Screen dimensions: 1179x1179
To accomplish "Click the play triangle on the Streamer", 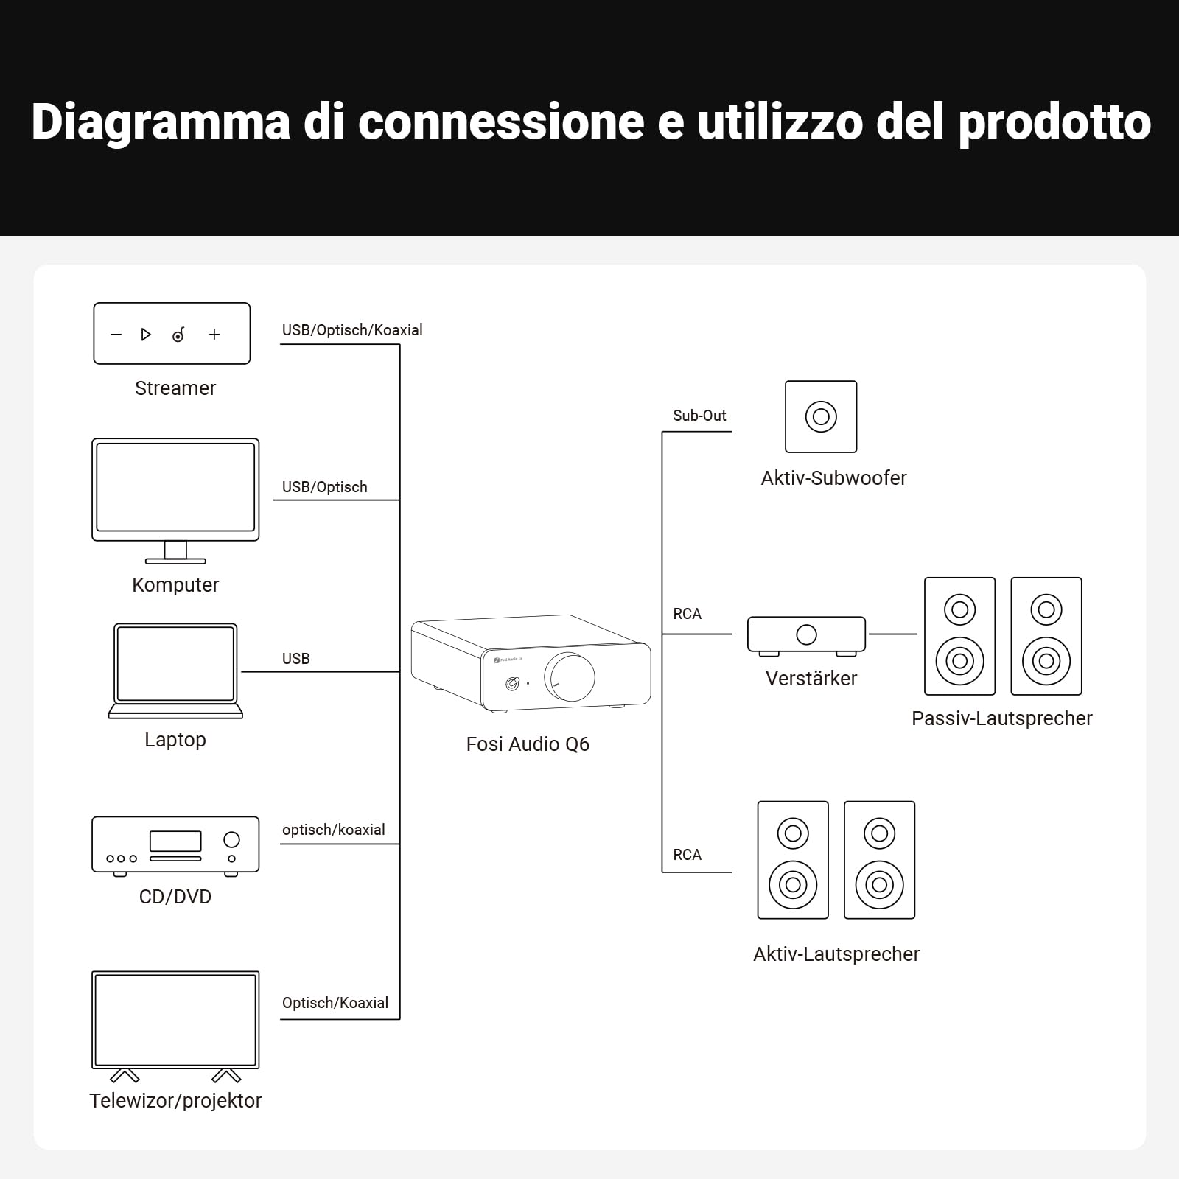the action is pyautogui.click(x=146, y=335).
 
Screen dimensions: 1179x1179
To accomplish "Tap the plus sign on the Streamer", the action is pyautogui.click(x=214, y=335).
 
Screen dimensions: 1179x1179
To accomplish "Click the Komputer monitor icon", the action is pyautogui.click(x=175, y=501).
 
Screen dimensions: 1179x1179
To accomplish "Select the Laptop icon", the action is pyautogui.click(x=175, y=671).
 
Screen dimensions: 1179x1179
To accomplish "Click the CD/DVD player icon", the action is pyautogui.click(x=175, y=846).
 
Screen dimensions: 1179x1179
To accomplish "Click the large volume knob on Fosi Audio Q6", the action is pyautogui.click(x=570, y=676).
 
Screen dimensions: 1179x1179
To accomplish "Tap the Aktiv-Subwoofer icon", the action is pyautogui.click(x=821, y=416).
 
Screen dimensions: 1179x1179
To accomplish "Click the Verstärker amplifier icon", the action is pyautogui.click(x=807, y=636).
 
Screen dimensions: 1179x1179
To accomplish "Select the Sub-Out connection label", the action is pyautogui.click(x=699, y=416).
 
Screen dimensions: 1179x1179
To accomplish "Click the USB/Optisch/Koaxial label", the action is pyautogui.click(x=352, y=330).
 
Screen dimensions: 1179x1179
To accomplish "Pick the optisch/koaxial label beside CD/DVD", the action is pyautogui.click(x=334, y=830).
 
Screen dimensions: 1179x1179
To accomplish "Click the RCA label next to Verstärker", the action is pyautogui.click(x=687, y=614).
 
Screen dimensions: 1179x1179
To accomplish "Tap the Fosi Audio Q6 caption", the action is pyautogui.click(x=528, y=744).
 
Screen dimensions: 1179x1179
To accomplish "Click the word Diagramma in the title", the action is pyautogui.click(x=161, y=122).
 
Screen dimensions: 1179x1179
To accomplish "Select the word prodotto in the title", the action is pyautogui.click(x=1054, y=122).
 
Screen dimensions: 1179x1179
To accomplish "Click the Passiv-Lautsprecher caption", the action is pyautogui.click(x=1001, y=718).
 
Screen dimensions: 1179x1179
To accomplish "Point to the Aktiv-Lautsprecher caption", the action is pyautogui.click(x=836, y=954).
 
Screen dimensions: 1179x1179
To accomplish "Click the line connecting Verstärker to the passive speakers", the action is pyautogui.click(x=892, y=634).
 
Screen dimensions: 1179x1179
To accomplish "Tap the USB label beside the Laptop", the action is pyautogui.click(x=295, y=659).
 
